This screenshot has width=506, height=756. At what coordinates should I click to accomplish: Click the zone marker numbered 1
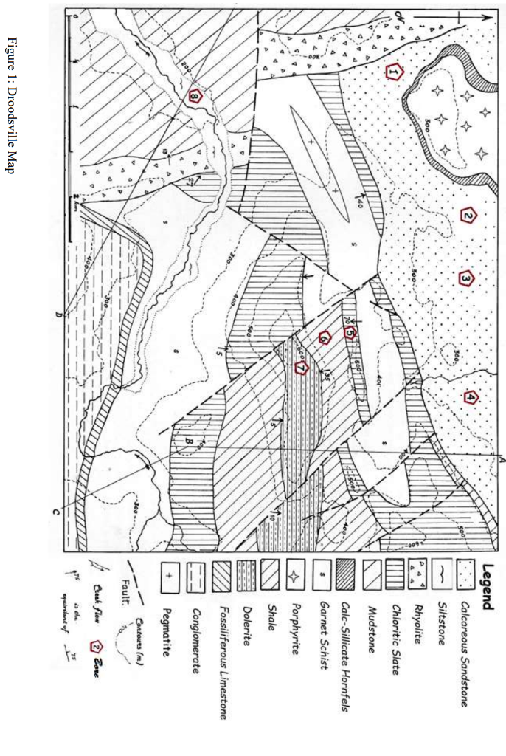coord(395,72)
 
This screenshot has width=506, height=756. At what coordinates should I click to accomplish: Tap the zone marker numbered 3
coord(468,278)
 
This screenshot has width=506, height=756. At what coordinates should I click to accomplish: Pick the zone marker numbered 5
coord(350,333)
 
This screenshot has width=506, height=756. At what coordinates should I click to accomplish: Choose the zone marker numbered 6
coord(325,338)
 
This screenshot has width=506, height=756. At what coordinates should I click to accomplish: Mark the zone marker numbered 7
coord(300,367)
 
